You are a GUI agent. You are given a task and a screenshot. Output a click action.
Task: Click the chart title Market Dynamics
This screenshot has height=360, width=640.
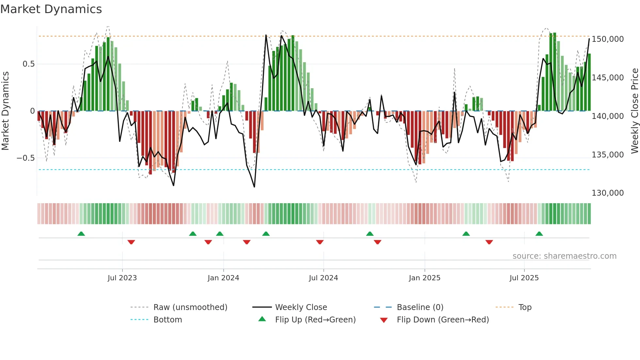(51, 9)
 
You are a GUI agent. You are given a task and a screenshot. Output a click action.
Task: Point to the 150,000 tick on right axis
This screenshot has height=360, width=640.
(608, 39)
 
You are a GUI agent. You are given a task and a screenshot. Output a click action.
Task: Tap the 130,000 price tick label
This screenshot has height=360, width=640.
(608, 193)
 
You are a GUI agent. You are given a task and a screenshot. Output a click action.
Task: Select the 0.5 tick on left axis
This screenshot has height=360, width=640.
(28, 64)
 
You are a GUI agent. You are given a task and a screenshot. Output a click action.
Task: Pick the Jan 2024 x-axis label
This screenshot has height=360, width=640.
(223, 278)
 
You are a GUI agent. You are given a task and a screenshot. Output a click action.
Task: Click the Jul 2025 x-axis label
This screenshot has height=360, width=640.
(524, 278)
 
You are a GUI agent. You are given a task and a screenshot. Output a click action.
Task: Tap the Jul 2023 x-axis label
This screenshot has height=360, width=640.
(122, 278)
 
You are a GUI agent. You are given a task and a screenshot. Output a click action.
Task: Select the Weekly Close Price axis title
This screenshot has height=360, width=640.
(634, 111)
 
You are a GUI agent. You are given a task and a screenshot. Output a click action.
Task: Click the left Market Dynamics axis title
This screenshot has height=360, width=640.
(5, 111)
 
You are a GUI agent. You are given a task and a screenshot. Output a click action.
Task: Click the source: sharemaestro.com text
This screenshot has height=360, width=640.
(564, 256)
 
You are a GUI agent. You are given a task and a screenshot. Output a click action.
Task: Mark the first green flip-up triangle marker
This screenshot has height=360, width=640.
(81, 234)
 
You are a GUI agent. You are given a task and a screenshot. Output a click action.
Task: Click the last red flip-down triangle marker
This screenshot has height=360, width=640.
(489, 242)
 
